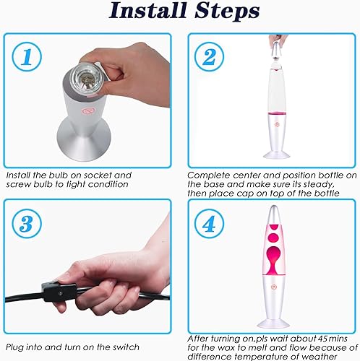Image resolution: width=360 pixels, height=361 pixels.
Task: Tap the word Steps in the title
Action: (x=224, y=12)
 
